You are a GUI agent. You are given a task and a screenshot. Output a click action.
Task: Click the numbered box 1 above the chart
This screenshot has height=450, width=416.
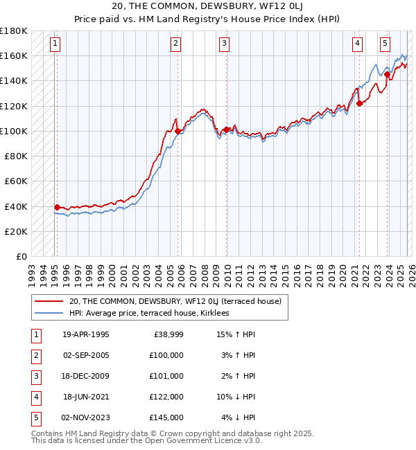(55, 44)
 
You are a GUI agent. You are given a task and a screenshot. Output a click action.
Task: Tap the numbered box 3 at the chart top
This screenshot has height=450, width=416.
(225, 44)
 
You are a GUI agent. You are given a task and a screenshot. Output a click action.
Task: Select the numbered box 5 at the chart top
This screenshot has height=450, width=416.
(384, 44)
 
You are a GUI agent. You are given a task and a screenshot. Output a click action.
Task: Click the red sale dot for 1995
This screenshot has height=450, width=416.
(57, 207)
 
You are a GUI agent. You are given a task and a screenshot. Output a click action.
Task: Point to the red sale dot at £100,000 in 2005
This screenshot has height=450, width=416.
(177, 131)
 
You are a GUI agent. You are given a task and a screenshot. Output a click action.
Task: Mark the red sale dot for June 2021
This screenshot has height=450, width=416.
(360, 103)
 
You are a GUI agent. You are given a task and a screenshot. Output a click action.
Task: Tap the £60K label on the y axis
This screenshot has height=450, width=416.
(16, 181)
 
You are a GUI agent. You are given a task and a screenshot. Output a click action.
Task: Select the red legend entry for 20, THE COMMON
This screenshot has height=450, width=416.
(175, 301)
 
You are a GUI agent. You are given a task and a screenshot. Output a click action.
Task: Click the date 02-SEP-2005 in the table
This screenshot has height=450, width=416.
(86, 354)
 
